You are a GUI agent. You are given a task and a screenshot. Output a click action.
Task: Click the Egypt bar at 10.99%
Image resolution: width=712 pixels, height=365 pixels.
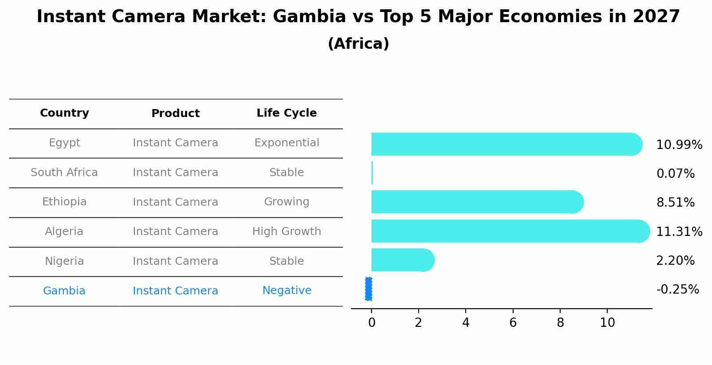[506, 144]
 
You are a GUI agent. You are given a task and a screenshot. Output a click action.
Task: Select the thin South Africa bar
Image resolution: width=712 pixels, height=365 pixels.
[372, 173]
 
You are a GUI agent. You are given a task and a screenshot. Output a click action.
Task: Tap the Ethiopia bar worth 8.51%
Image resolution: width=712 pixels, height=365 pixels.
[477, 202]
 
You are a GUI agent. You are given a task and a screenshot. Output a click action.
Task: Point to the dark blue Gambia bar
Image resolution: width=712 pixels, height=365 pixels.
[368, 289]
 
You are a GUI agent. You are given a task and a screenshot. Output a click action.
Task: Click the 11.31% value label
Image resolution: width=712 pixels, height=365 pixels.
[679, 232]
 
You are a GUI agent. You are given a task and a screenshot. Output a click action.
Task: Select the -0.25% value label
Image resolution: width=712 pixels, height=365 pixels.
[677, 290]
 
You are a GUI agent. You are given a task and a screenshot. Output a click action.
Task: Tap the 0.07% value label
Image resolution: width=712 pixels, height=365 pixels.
[675, 174]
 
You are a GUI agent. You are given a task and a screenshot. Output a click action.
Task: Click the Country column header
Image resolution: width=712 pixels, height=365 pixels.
[64, 113]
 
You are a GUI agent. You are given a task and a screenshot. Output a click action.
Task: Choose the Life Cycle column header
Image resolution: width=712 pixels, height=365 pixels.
[286, 113]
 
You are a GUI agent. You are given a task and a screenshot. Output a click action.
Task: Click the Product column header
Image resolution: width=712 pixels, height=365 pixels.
[175, 114]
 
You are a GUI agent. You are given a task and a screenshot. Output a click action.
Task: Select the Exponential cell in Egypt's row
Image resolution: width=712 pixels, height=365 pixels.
[286, 143]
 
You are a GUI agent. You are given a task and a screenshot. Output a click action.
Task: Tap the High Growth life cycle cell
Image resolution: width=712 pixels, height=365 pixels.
[286, 232]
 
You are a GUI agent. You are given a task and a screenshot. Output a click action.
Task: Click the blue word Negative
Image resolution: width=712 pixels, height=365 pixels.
[287, 290]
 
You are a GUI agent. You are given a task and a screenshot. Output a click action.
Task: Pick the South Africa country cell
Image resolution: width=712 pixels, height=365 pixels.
[64, 173]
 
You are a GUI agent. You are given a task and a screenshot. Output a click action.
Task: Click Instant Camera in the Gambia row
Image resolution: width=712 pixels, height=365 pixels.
[175, 291]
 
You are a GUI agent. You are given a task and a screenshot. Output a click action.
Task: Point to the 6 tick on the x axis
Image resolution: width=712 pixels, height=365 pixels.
[513, 323]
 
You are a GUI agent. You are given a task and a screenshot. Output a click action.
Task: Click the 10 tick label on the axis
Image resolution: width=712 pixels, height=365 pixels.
[607, 323]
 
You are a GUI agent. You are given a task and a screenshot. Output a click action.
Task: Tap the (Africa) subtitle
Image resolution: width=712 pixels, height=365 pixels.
[358, 44]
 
